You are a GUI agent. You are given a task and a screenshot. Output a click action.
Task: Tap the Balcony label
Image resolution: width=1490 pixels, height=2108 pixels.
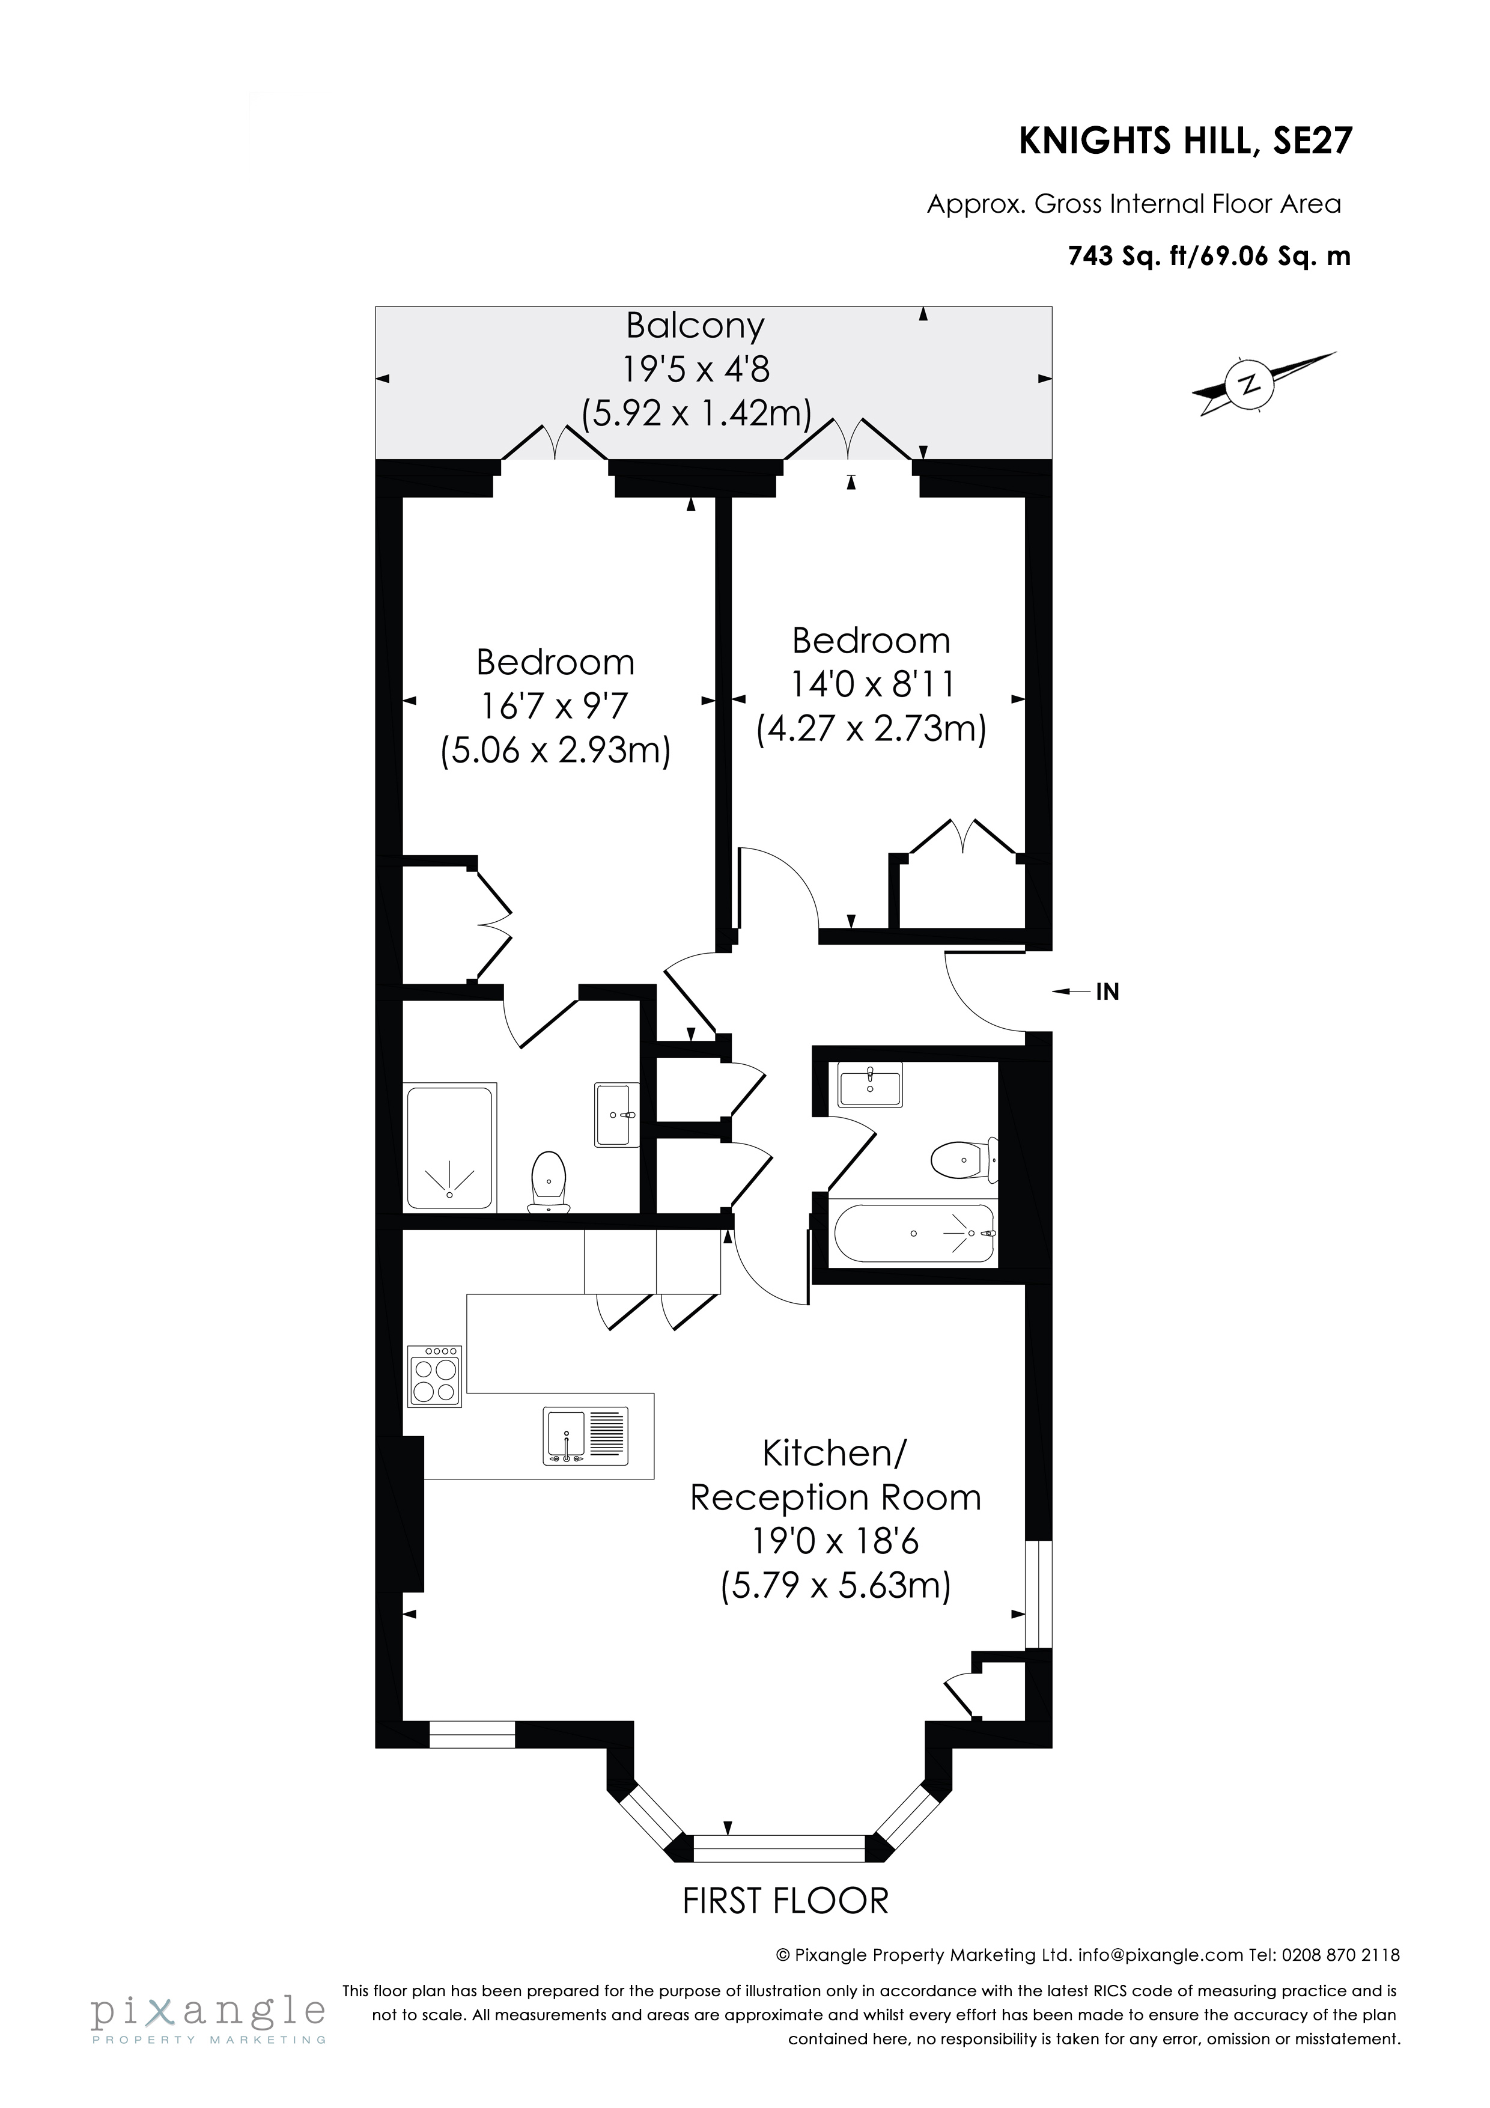[695, 326]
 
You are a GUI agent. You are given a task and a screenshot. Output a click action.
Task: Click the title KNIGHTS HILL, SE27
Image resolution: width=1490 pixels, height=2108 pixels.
[1185, 141]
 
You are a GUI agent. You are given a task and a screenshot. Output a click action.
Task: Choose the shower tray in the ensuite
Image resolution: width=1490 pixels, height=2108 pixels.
[450, 1148]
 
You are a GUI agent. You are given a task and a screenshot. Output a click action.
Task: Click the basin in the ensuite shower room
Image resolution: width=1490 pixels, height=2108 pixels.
[615, 1115]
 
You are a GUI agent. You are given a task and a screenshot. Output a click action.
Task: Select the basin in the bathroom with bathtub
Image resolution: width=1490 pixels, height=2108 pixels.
[869, 1084]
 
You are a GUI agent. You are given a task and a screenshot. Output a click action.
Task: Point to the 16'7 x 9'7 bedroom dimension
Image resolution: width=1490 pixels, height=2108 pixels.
[555, 706]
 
